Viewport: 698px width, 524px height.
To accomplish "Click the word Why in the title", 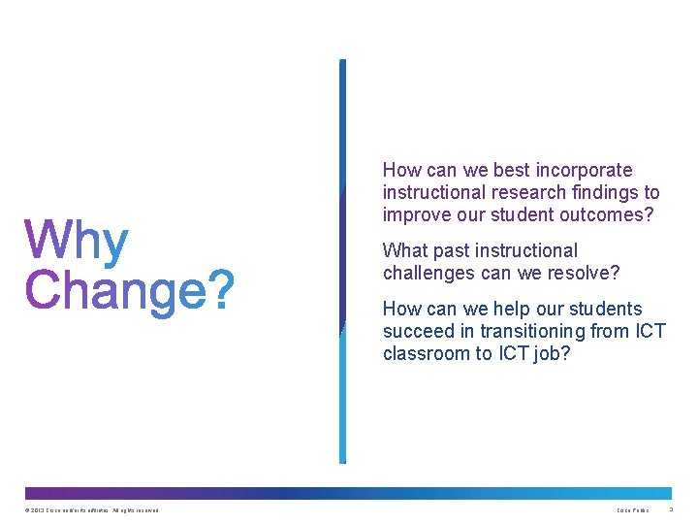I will (77, 243).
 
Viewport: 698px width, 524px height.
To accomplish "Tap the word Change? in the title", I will (130, 290).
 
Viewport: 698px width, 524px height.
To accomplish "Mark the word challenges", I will (428, 273).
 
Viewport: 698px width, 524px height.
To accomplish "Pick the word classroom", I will (425, 353).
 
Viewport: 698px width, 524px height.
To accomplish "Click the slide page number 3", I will (671, 510).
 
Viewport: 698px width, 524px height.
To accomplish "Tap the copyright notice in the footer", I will (92, 510).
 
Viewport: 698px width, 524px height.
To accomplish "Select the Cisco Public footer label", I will (633, 510).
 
